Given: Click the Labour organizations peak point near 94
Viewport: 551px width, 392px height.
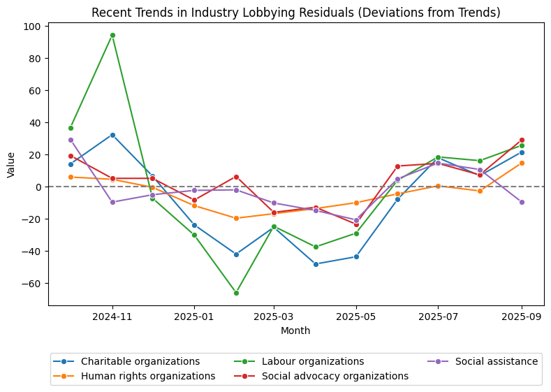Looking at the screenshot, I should [x=112, y=35].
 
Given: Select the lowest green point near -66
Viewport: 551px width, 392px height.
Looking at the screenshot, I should [x=236, y=293].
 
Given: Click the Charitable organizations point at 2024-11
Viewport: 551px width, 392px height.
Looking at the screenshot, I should [x=112, y=135].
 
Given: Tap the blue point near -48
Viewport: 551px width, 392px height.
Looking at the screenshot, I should [x=316, y=264].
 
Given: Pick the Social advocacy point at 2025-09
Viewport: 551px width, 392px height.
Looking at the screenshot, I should [x=522, y=140].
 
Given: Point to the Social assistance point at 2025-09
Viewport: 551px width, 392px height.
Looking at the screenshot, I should [x=522, y=202].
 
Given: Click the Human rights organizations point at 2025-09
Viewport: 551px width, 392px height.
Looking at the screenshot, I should [x=522, y=163].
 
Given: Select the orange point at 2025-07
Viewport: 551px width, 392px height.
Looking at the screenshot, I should [x=438, y=186].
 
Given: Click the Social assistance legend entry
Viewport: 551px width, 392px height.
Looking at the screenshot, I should [x=496, y=361].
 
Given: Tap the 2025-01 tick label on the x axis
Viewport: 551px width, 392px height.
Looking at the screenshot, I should [x=194, y=317].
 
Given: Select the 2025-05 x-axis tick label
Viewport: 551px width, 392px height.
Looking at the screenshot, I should [x=356, y=317].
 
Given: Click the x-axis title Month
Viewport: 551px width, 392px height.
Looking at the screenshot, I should [x=295, y=331].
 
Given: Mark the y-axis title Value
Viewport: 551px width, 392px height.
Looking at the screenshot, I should [x=10, y=164].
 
